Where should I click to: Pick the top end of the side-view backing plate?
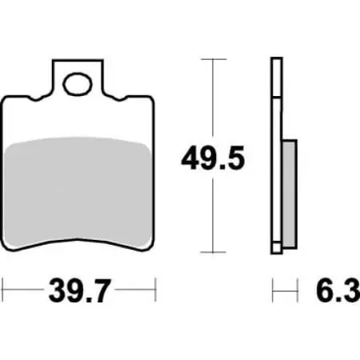pyautogui.click(x=277, y=60)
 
